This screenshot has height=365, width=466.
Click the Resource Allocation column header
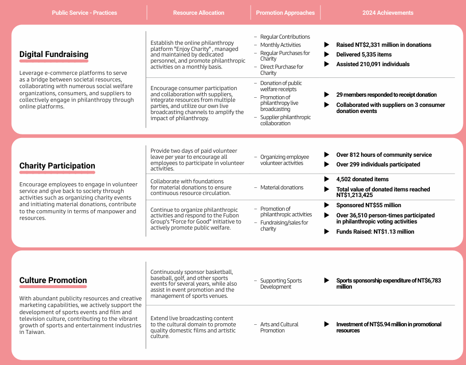[x=198, y=13]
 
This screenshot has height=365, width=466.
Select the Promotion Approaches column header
[x=285, y=13]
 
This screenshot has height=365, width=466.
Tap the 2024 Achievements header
[x=388, y=13]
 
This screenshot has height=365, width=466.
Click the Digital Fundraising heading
[x=53, y=54]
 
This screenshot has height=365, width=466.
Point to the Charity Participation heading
[x=57, y=166]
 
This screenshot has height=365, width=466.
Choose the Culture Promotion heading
[x=53, y=280]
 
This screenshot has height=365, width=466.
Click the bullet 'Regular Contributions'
[x=285, y=37]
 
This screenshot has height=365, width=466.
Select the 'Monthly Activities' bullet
[x=280, y=45]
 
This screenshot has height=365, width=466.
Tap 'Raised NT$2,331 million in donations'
[x=383, y=45]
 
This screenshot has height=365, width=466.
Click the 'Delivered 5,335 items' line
[x=364, y=54]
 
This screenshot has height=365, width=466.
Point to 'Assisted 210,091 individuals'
[x=372, y=64]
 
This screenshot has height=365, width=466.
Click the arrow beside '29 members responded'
[x=327, y=95]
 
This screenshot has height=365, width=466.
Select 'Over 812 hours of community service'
[x=383, y=155]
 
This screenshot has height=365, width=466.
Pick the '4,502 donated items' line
[x=362, y=179]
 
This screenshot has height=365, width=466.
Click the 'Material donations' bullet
[x=282, y=188]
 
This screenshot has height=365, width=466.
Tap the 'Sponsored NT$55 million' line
[x=368, y=205]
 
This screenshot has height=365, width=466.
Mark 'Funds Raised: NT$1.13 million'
[x=375, y=232]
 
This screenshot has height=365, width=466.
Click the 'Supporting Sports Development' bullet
[x=281, y=284]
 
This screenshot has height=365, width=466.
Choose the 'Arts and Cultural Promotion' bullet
[x=279, y=327]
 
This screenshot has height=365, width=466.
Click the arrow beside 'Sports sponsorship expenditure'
[x=327, y=280]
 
